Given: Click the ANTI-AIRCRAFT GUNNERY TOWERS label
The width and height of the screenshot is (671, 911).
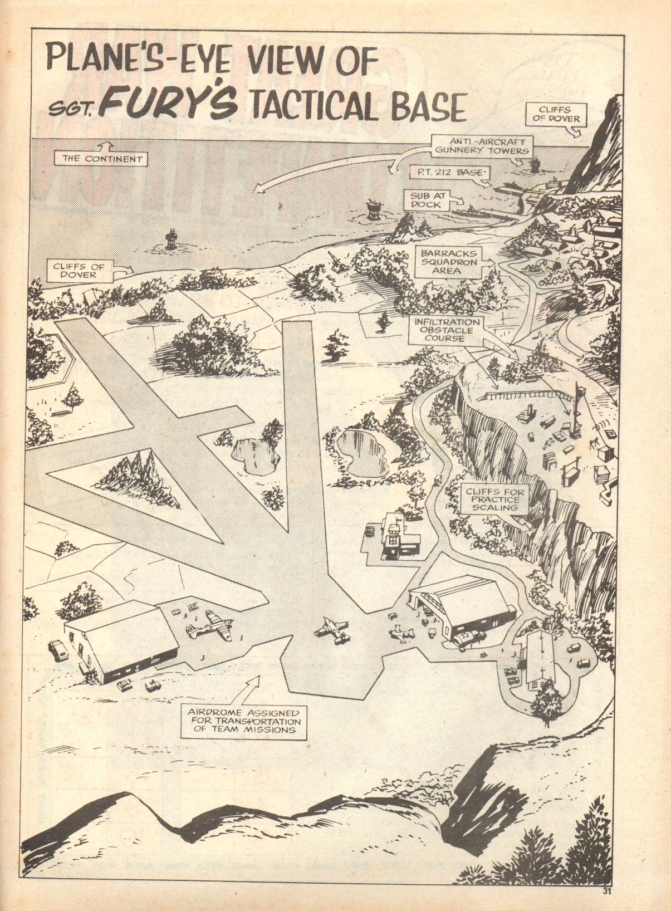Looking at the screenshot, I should pos(482,146).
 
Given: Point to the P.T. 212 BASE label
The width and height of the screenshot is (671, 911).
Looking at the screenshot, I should pos(448,173).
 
